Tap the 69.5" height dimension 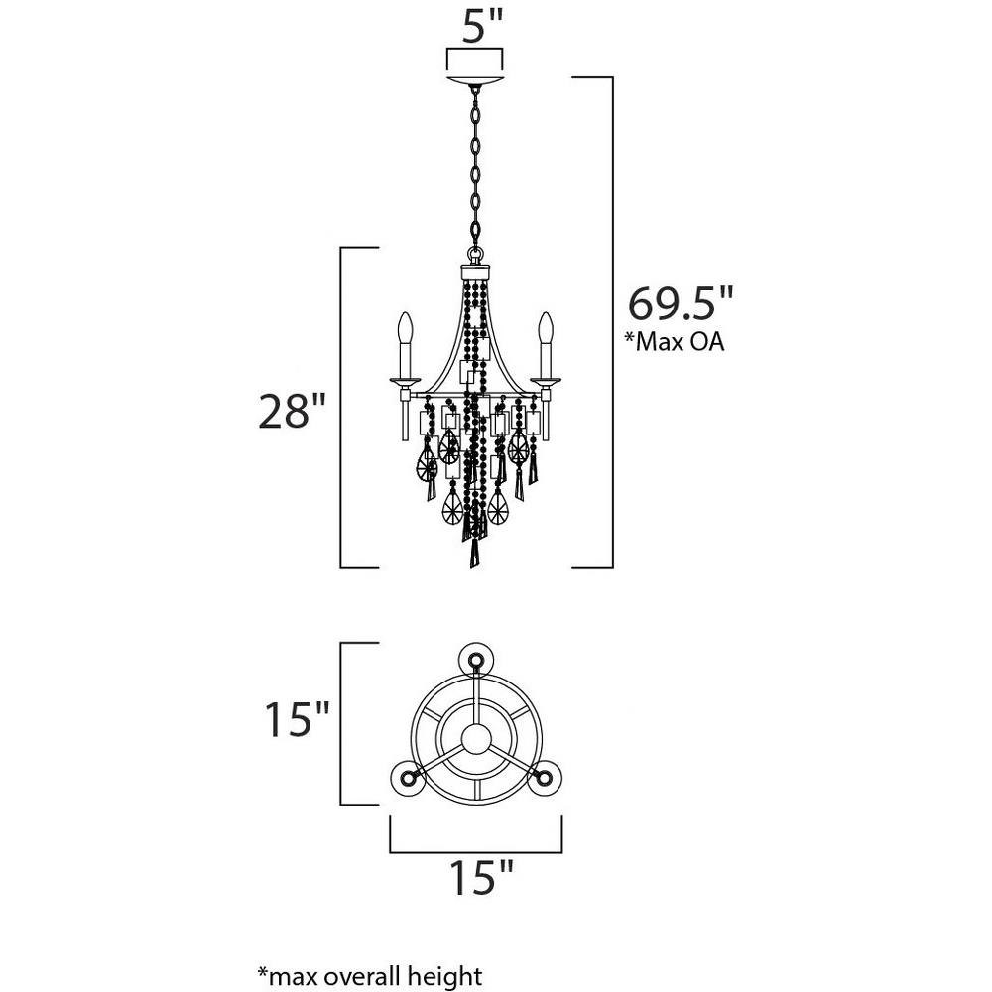[x=681, y=304]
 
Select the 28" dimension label [x=293, y=412]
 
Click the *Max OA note [x=675, y=341]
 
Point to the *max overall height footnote [x=369, y=976]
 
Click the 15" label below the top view [x=481, y=877]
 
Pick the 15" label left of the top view [x=296, y=718]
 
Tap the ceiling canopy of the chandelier [x=475, y=81]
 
